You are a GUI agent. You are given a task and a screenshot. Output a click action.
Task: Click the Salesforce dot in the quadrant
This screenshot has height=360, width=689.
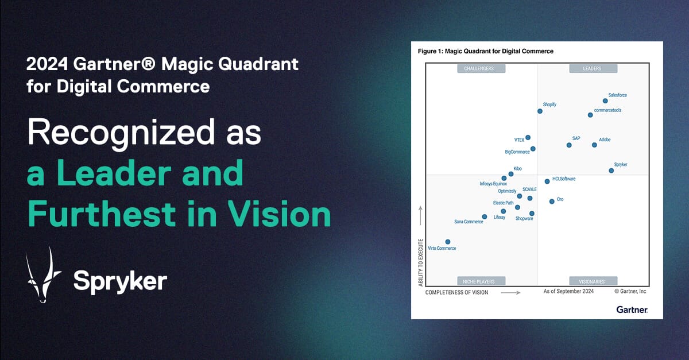click(x=605, y=101)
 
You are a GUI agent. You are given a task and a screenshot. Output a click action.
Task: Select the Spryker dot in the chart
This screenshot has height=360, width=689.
click(x=611, y=171)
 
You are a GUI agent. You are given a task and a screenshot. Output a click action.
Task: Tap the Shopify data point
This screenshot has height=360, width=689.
click(x=540, y=111)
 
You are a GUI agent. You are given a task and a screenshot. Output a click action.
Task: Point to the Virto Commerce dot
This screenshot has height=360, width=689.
click(x=448, y=242)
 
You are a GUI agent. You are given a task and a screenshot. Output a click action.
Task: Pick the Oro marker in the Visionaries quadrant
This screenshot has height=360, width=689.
click(x=552, y=202)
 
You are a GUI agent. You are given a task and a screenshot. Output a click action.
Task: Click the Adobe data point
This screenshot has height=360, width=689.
click(x=594, y=145)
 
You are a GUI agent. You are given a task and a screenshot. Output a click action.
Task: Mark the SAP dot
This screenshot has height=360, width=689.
click(x=569, y=145)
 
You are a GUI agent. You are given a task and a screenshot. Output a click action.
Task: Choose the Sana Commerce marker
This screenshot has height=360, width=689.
click(x=485, y=217)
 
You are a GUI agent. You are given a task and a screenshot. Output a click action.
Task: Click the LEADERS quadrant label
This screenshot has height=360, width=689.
click(x=593, y=69)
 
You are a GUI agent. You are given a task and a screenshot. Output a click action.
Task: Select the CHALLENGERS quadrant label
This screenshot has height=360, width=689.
click(x=481, y=69)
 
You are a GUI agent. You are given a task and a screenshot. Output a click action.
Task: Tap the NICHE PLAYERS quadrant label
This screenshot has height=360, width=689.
click(x=481, y=281)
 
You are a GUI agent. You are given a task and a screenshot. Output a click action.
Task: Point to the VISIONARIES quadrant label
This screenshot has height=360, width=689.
click(x=593, y=281)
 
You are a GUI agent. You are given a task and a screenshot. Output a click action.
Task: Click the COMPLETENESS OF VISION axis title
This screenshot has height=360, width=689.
click(x=456, y=292)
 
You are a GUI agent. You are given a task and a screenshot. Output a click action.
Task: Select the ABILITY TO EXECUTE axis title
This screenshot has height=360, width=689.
click(x=421, y=263)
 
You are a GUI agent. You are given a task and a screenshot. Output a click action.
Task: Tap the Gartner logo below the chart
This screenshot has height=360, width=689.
click(x=632, y=309)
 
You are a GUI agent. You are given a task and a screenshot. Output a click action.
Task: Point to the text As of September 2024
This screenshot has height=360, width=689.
click(x=568, y=292)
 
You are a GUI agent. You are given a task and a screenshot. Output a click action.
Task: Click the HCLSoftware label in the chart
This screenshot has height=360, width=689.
click(x=563, y=179)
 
